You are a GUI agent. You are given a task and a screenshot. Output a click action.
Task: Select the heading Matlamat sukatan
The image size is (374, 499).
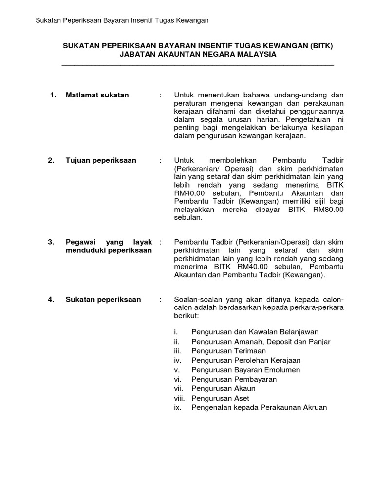click(x=97, y=95)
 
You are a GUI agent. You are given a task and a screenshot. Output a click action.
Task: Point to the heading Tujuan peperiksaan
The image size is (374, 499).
click(x=101, y=160)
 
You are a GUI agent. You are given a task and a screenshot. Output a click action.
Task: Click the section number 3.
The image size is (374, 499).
click(x=51, y=242)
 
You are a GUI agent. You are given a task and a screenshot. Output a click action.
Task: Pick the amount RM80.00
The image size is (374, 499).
click(x=328, y=210)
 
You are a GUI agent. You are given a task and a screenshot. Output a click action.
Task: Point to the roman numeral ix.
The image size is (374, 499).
click(x=177, y=407)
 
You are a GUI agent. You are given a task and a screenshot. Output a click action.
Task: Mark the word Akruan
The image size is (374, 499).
click(x=315, y=407)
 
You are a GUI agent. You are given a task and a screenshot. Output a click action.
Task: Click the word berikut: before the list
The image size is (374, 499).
click(x=185, y=316)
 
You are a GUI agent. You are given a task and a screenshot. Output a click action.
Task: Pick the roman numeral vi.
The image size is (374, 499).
click(x=177, y=379)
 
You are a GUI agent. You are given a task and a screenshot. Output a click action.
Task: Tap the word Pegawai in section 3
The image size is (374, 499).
click(x=81, y=242)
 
